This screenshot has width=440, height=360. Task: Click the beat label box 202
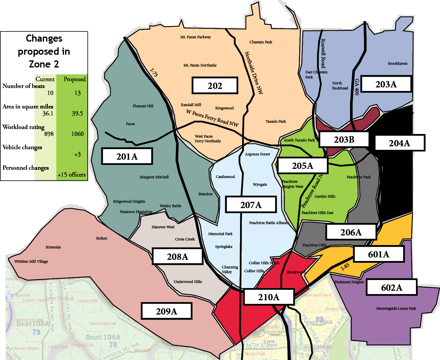coord(215,86)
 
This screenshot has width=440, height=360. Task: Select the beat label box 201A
coord(127,156)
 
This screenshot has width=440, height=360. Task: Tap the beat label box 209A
coord(166,311)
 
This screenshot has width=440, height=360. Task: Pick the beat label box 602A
coord(392,287)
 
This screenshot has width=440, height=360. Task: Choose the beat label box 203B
coord(344,139)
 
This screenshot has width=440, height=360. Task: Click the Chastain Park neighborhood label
coord(261,42)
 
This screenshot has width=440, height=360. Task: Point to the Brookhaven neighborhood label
coord(398,64)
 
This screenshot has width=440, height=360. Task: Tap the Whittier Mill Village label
coord(31,262)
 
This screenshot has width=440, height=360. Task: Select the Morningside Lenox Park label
coord(396,309)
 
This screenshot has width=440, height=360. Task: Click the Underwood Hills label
coord(187,282)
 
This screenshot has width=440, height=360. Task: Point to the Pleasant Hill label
coord(143,106)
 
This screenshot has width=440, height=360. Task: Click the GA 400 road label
coord(357,87)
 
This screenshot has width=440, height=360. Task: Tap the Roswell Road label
coord(323,54)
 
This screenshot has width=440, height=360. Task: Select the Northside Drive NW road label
coord(254,73)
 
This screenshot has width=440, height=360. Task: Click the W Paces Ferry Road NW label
coord(212,118)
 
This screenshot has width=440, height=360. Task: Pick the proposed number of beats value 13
coord(78,93)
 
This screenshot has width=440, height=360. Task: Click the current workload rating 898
coord(49,134)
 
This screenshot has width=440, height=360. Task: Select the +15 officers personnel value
coord(72,175)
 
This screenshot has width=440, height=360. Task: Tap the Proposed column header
coord(75,79)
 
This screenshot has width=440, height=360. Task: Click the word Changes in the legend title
coord(44,38)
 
